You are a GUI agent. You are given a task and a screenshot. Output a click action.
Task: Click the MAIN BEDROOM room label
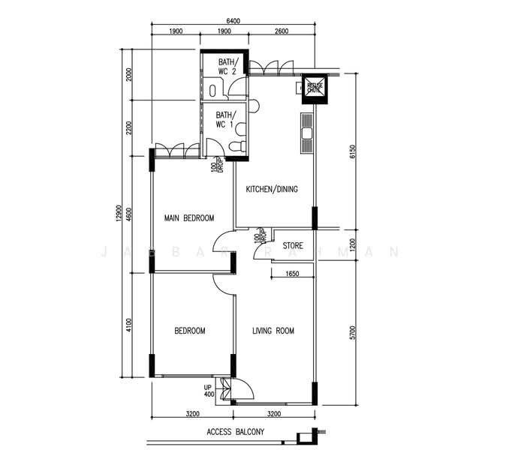click(189, 218)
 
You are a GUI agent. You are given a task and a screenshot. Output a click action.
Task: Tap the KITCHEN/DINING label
click(272, 189)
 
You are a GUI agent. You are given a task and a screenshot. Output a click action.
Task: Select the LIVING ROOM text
click(273, 331)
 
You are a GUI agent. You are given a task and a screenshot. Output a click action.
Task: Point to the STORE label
click(293, 245)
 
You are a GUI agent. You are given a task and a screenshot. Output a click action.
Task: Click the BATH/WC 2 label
click(227, 66)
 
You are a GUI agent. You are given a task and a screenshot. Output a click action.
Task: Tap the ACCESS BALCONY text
click(235, 433)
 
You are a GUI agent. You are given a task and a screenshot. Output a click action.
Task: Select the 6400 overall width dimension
click(233, 21)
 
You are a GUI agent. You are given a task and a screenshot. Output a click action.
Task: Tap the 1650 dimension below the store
click(293, 275)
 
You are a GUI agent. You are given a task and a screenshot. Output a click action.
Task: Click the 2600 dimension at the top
click(281, 31)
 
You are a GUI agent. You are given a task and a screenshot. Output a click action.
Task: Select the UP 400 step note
click(208, 390)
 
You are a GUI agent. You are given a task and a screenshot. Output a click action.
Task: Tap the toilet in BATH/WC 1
click(239, 145)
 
